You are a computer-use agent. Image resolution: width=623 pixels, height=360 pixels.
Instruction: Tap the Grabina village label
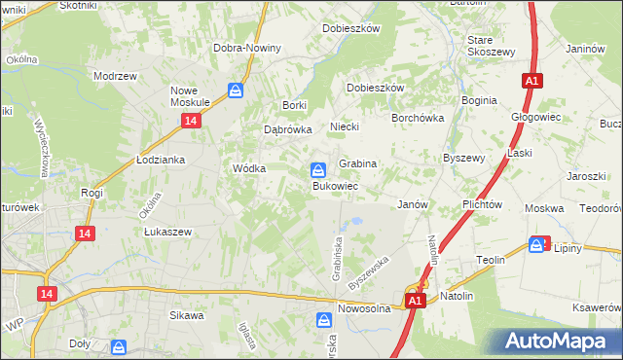click(x=357, y=164)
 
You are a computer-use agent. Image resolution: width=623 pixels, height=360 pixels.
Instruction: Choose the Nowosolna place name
click(x=364, y=308)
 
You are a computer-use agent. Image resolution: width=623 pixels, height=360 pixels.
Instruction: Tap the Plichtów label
click(x=483, y=205)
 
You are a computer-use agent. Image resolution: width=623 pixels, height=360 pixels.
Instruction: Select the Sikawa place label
click(x=187, y=315)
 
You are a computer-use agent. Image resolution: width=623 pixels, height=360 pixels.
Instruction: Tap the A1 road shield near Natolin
click(x=416, y=302)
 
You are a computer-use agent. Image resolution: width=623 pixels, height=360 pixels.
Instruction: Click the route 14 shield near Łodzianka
click(x=191, y=120)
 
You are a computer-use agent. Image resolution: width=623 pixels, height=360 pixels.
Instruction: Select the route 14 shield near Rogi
click(x=86, y=234)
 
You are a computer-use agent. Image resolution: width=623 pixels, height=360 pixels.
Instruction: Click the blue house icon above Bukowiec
click(x=318, y=169)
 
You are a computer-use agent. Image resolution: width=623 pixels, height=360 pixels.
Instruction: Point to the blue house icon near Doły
click(x=118, y=346)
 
